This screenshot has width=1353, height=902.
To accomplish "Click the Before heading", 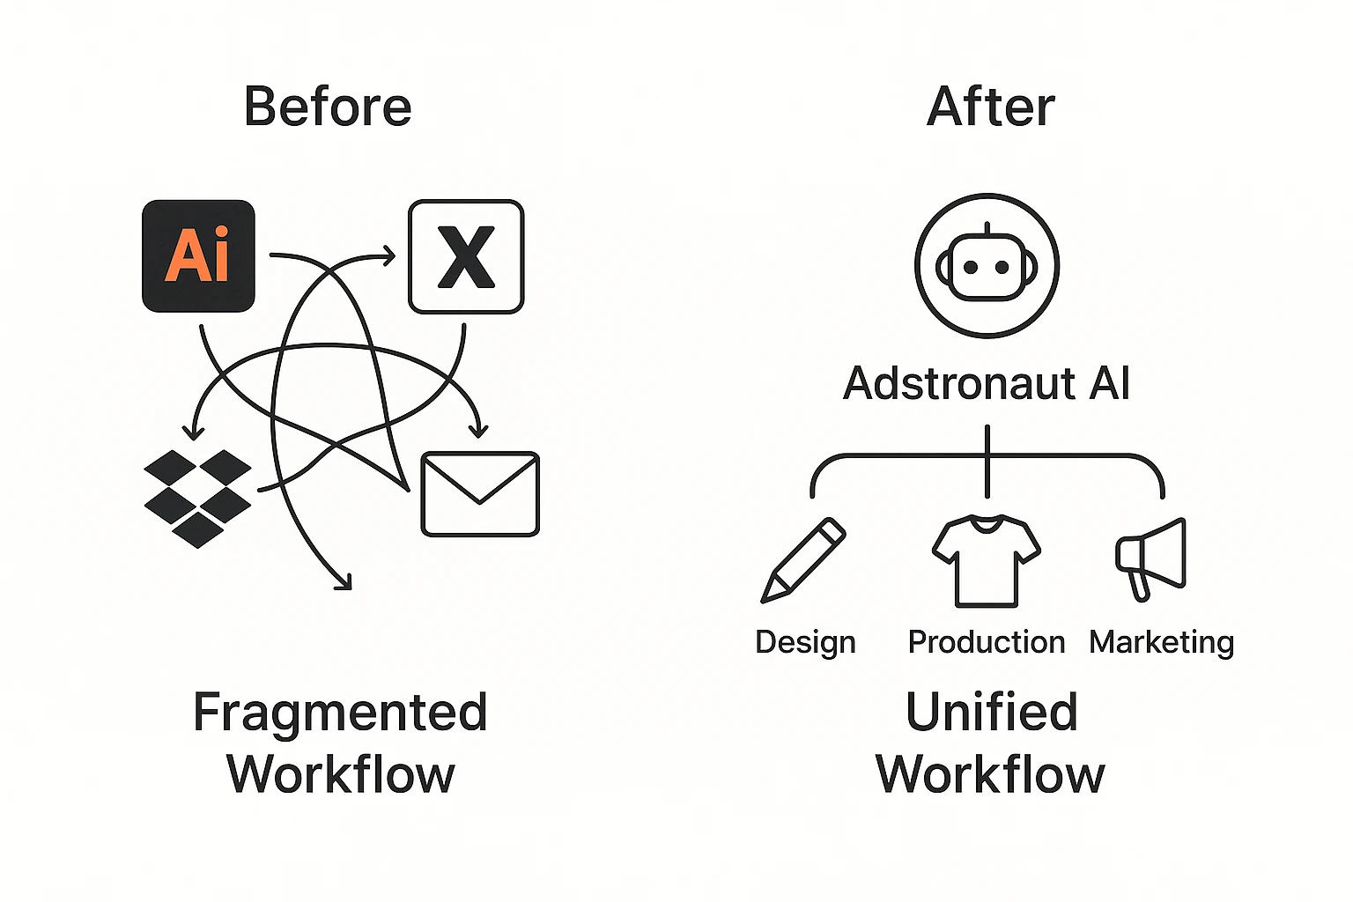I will (328, 107).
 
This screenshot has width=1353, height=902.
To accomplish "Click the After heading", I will (990, 107).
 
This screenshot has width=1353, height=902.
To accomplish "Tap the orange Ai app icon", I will (198, 256).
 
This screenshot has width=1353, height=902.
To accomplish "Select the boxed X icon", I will (466, 256).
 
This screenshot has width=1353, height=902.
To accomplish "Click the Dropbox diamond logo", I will (197, 498).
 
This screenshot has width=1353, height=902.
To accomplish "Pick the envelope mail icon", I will (480, 494).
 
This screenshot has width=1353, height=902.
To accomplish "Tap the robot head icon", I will (987, 265).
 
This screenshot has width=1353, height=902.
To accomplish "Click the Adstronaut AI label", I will (987, 384).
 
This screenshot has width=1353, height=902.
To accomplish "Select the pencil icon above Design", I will (802, 561).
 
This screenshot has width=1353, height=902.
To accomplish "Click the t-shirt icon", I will (987, 561).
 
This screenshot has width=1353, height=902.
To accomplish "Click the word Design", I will (805, 642).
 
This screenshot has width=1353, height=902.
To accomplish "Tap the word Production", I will (987, 642).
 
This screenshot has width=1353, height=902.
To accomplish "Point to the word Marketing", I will (1161, 642).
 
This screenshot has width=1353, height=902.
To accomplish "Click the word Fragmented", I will (340, 713).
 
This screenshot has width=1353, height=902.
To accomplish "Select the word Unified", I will (991, 713).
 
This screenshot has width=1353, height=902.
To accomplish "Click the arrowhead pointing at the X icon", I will (389, 256).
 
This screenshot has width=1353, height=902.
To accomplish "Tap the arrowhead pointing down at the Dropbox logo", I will (193, 433).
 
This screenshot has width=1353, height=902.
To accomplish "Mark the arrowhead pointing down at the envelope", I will (478, 431).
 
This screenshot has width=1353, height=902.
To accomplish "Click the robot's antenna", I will (987, 227).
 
